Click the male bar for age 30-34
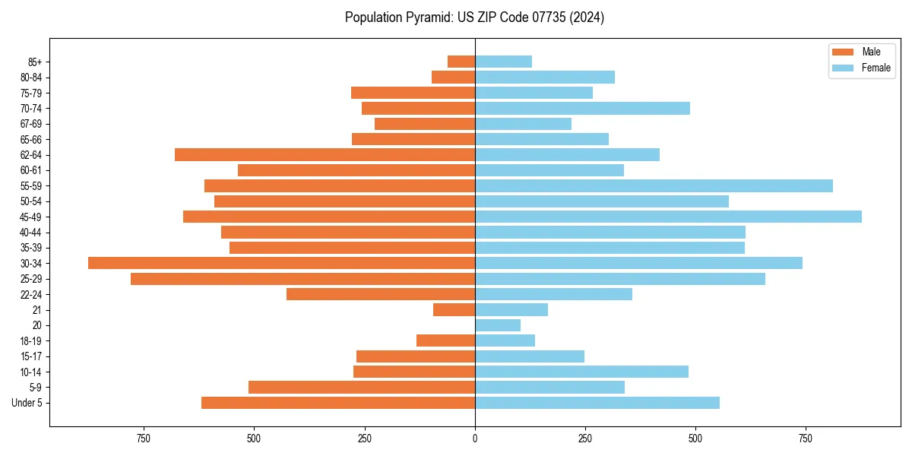point(281,263)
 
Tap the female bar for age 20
point(498,325)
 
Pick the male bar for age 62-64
point(325,154)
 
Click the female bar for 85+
point(503,62)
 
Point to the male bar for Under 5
point(338,403)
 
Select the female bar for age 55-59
point(654,185)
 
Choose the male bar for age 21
point(454,309)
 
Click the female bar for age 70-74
point(582,108)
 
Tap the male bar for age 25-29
point(302,279)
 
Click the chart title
point(474,17)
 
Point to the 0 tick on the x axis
point(475,439)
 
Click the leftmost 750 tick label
point(143,439)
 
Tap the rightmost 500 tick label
point(695,439)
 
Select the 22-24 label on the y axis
point(31,294)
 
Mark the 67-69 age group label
point(31,124)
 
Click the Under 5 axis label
point(27,403)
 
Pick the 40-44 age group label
point(31,232)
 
